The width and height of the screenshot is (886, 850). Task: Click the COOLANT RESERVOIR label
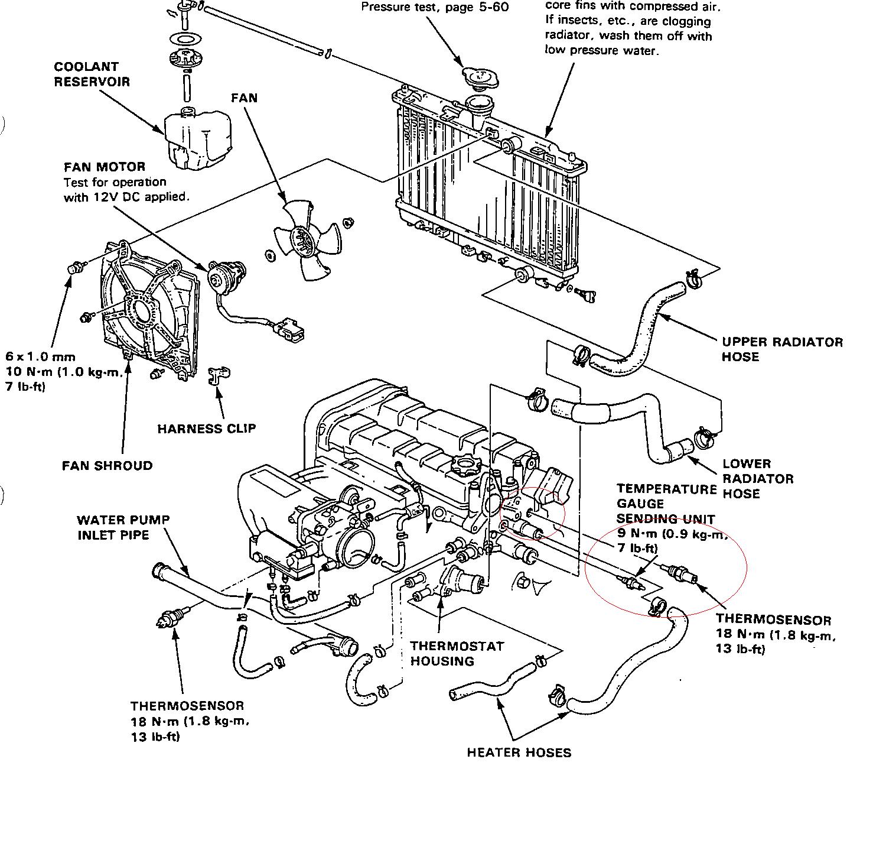coord(92,74)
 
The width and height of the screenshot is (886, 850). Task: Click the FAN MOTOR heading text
coord(105,167)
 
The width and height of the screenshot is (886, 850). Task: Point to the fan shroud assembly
coord(148,310)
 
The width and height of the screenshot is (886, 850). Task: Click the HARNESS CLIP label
coord(207,429)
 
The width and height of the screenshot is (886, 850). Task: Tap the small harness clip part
coord(220,375)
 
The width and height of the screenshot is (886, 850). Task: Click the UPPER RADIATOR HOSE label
coord(782,349)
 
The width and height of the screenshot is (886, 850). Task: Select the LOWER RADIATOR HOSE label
coord(758,478)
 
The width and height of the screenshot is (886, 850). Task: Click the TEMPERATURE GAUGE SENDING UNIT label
coord(666,504)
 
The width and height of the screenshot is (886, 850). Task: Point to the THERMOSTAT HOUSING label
coord(457,653)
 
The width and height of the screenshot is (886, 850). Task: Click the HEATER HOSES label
coord(519,752)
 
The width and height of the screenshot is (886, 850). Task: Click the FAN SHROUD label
coord(107,466)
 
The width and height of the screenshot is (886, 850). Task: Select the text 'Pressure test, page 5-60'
coord(434,8)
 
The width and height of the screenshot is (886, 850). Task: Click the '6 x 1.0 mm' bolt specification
coord(40,356)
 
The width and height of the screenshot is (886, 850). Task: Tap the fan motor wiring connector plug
coord(291,329)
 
